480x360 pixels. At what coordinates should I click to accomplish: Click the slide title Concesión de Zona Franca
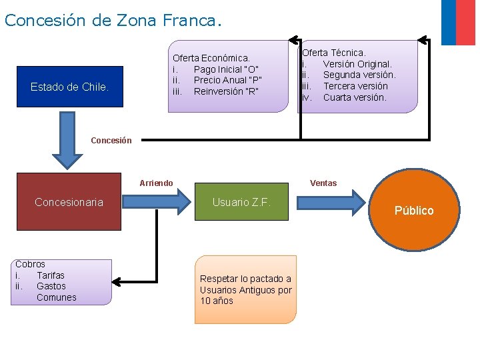click(x=111, y=20)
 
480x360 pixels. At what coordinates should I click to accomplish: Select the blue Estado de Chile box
click(x=69, y=87)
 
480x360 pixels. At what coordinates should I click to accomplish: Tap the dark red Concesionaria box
click(x=69, y=202)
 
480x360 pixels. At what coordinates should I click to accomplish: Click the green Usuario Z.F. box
click(x=241, y=202)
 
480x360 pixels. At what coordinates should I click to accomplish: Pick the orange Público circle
click(x=414, y=210)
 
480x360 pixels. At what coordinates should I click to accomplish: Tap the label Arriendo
click(x=157, y=183)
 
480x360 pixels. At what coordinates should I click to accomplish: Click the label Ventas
click(x=323, y=183)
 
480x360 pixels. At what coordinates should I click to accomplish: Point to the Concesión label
click(x=111, y=141)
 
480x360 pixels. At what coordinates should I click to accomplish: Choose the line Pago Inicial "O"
click(x=226, y=69)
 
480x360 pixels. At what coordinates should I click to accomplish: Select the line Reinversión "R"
click(x=226, y=91)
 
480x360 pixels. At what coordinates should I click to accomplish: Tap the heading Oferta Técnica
click(x=334, y=53)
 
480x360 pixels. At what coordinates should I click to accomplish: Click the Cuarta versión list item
click(x=354, y=97)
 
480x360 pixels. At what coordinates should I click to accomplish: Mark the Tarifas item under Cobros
click(x=51, y=275)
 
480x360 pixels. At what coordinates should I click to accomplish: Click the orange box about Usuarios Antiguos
click(x=245, y=289)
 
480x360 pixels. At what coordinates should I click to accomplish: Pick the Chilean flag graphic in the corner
click(x=458, y=22)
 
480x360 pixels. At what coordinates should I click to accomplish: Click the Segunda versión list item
click(x=359, y=75)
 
